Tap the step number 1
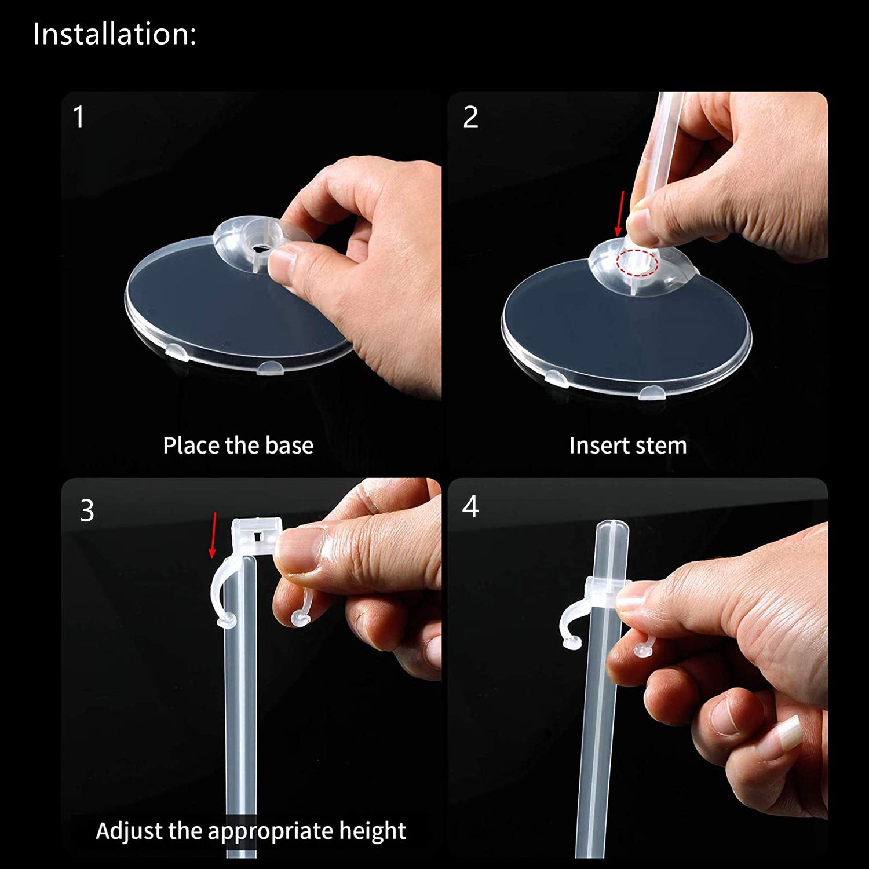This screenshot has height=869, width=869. [79, 117]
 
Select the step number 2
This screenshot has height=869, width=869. [470, 117]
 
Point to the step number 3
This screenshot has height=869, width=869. [87, 510]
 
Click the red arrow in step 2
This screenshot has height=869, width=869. [621, 214]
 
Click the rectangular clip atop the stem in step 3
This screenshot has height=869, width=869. [257, 536]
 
